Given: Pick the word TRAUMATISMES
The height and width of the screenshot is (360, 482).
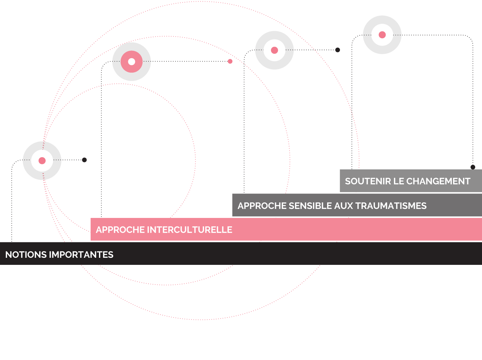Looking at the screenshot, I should pos(391,206).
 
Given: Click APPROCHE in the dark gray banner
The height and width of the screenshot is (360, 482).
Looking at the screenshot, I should pos(262,206).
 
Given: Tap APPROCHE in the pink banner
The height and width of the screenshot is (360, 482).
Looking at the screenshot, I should pos(120,230).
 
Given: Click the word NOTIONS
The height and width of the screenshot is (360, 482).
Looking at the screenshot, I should pos(26,255).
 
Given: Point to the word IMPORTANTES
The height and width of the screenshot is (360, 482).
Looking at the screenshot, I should pos(81,255).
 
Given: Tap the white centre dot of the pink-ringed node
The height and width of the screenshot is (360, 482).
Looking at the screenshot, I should pos(131,62).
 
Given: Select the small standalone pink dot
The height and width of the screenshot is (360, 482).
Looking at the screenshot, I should pos(230,61).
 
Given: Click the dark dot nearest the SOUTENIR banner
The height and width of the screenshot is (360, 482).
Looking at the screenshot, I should pos(473,167).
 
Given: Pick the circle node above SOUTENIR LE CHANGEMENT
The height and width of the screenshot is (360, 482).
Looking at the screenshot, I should pos(382,35).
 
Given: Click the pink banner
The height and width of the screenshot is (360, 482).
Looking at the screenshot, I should pos(321,230).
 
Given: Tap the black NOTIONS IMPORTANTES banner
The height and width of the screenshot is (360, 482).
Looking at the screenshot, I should pos(257,254).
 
